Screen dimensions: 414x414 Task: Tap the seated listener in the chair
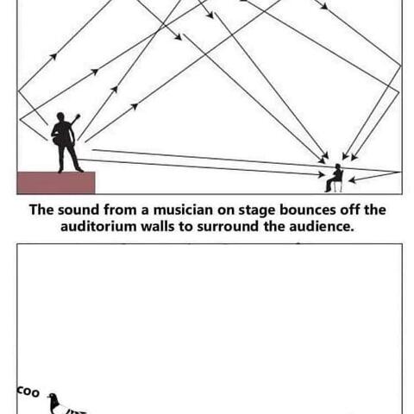pos(335,179)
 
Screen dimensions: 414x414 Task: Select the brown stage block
pos(56,183)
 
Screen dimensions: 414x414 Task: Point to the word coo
pos(28,392)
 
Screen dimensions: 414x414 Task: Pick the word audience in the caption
pos(322,226)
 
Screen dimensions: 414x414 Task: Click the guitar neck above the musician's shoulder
pos(75,119)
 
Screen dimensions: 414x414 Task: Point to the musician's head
pos(60,117)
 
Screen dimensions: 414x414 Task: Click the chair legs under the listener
pos(338,187)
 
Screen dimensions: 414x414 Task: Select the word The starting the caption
pos(41,210)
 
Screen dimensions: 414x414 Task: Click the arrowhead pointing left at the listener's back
pos(352,180)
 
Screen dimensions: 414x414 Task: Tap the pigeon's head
pos(52,397)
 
